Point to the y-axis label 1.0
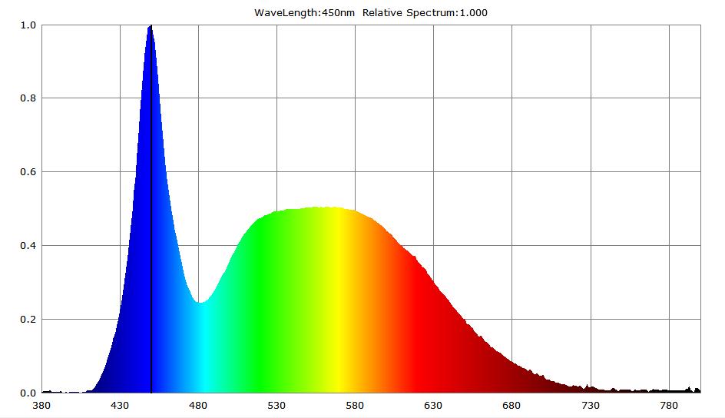coord(28,25)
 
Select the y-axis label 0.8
coord(28,98)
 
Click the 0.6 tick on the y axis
coord(28,172)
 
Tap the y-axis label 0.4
coord(28,246)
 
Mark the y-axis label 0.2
coord(28,320)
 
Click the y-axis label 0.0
coord(28,393)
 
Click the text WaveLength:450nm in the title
coord(304,12)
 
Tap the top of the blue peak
coord(151,27)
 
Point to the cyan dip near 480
coord(200,303)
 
